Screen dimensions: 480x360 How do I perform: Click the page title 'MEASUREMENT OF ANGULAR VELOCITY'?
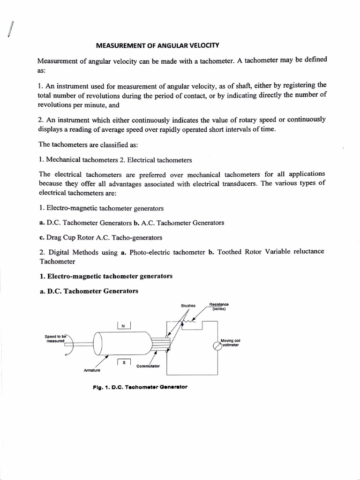(157, 45)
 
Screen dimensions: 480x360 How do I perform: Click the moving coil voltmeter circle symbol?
(217, 346)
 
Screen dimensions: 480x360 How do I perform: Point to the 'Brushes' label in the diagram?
(188, 306)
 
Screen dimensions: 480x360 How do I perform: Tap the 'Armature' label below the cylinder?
(92, 370)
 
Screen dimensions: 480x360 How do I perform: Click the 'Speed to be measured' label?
(56, 338)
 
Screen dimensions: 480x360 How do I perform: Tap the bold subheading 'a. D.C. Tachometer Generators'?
(88, 291)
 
